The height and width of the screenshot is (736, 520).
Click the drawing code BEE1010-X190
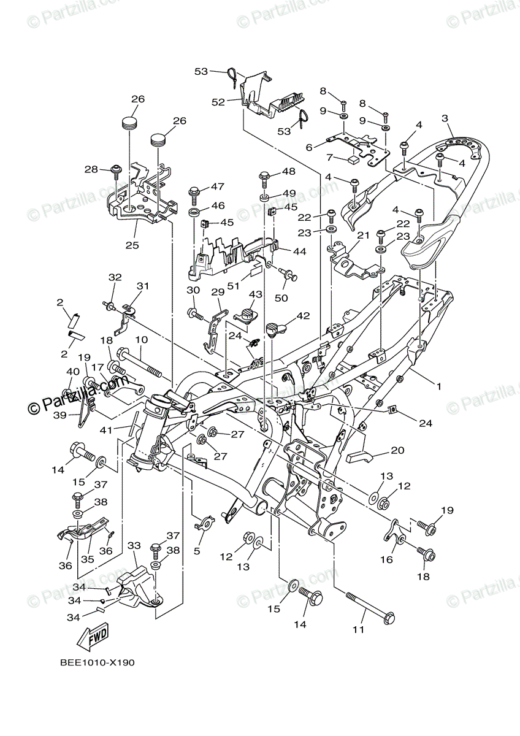click(x=97, y=662)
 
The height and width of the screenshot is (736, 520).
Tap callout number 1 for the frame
click(x=439, y=386)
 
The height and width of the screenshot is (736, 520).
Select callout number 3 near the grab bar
click(x=445, y=118)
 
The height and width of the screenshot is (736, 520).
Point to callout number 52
click(x=219, y=102)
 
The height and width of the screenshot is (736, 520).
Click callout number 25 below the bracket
click(x=132, y=245)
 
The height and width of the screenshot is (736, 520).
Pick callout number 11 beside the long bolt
click(x=358, y=629)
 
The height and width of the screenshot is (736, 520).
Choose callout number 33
click(x=134, y=545)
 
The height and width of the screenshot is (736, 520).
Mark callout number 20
click(x=397, y=451)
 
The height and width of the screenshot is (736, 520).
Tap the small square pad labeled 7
click(x=354, y=159)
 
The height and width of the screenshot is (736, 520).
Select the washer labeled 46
click(x=193, y=212)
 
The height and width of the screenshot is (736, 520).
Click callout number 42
click(x=303, y=316)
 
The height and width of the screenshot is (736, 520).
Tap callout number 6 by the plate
click(x=309, y=147)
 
